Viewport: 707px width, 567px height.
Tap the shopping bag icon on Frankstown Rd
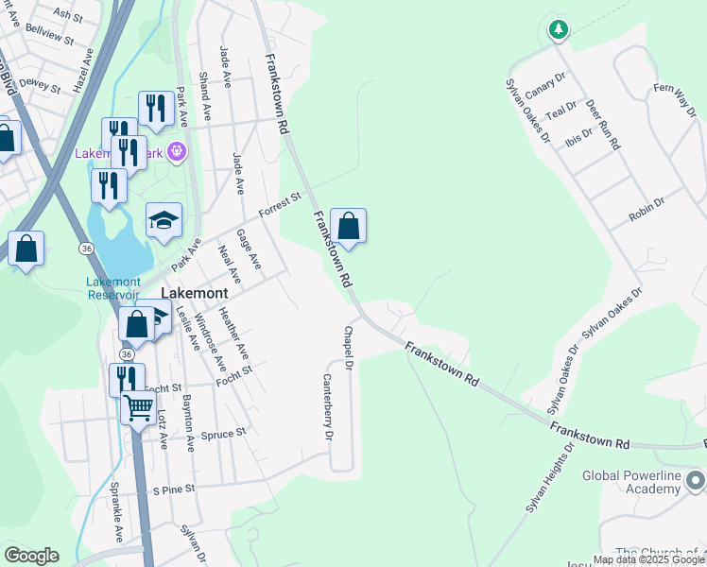click(348, 227)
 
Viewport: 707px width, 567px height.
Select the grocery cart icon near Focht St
click(139, 409)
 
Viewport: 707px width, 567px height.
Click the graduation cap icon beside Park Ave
click(164, 221)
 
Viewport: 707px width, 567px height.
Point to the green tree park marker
click(559, 30)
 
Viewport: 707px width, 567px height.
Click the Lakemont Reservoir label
click(113, 288)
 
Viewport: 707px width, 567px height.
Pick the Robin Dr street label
click(647, 209)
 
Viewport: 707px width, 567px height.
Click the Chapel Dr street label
click(348, 348)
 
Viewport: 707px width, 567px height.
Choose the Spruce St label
click(228, 433)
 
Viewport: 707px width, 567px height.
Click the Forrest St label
click(279, 203)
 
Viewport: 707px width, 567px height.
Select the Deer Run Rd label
click(602, 125)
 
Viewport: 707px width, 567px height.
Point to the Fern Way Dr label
click(675, 99)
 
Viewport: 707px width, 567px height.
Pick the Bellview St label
click(50, 36)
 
